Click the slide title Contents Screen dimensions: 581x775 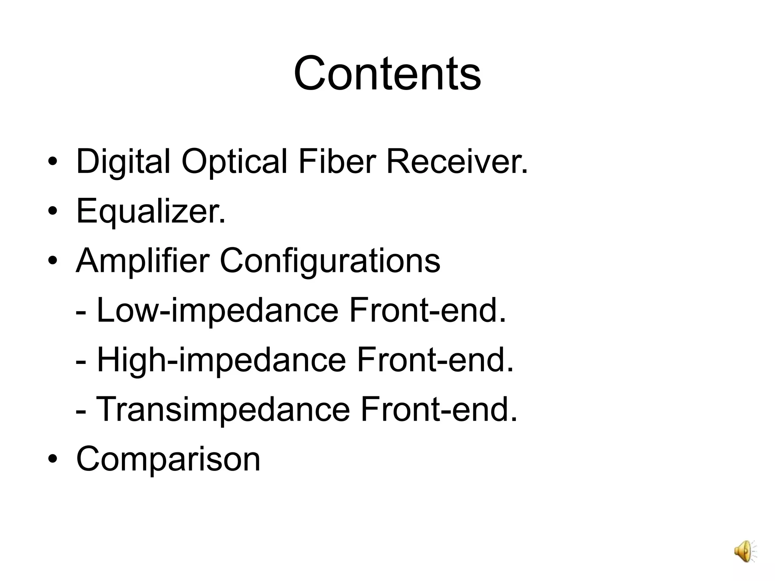[387, 73]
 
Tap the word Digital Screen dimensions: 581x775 [123, 162]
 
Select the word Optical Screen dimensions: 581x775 [234, 162]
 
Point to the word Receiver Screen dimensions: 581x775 [456, 162]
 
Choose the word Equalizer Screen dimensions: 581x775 [151, 212]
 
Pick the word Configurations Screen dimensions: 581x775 [330, 262]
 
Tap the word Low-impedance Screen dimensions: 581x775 [217, 311]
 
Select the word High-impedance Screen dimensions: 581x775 [221, 361]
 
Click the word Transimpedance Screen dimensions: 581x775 [223, 410]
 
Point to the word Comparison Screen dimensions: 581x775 [168, 459]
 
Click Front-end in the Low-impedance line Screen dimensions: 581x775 [427, 311]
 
